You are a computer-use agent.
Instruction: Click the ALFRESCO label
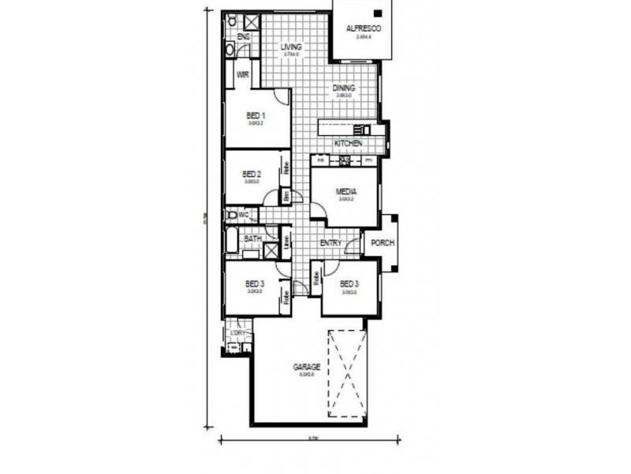tap(364, 28)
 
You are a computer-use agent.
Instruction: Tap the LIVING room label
tap(292, 47)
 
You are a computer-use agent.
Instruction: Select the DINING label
tap(344, 88)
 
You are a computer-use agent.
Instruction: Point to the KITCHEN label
tap(348, 144)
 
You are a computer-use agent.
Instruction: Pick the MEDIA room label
tap(345, 191)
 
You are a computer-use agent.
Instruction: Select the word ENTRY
tap(330, 243)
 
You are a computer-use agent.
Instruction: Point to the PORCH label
tap(383, 243)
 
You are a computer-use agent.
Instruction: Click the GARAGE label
tap(306, 367)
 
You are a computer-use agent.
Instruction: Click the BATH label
tap(252, 238)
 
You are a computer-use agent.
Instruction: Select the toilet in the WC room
tap(232, 215)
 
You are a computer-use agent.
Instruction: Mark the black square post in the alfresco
tap(378, 13)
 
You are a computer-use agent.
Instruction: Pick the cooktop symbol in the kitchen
tap(345, 160)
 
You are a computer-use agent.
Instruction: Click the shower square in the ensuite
tap(253, 23)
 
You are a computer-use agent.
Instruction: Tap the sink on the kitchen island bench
tap(362, 129)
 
